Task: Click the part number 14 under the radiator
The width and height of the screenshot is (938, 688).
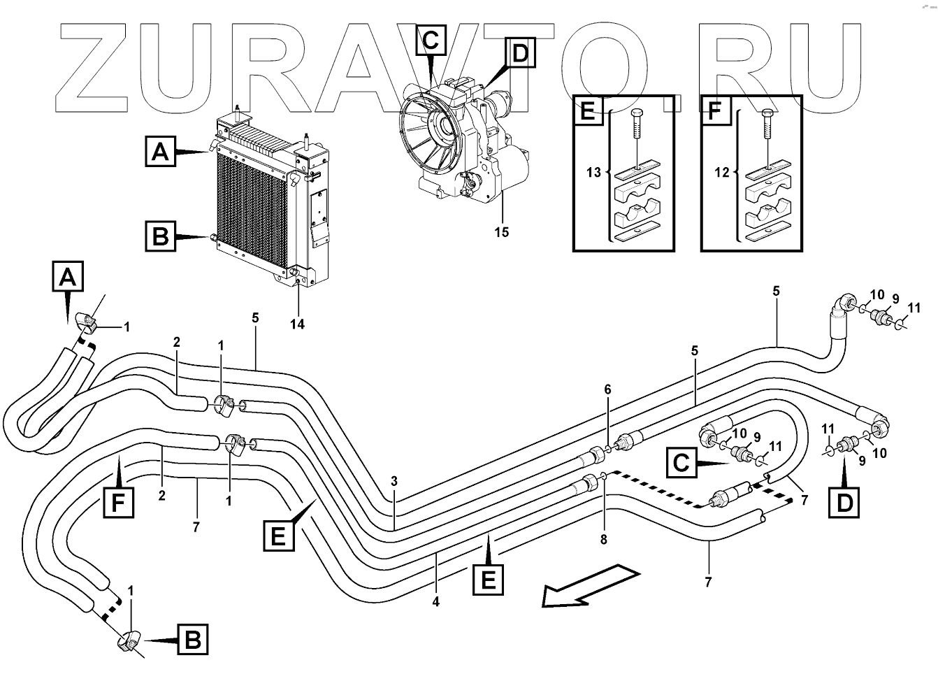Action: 298,324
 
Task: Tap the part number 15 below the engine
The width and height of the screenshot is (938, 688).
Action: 502,232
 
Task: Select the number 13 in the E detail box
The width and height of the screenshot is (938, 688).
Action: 593,172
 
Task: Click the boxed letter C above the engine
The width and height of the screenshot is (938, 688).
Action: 431,40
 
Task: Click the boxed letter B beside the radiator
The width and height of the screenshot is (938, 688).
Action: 161,236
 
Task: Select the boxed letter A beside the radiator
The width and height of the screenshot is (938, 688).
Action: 161,151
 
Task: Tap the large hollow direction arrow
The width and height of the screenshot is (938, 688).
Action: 591,586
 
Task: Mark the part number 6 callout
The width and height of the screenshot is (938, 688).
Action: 608,389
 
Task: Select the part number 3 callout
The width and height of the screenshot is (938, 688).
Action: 394,481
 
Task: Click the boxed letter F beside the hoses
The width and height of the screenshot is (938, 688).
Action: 118,502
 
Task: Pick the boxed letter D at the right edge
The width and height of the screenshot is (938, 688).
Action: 844,502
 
